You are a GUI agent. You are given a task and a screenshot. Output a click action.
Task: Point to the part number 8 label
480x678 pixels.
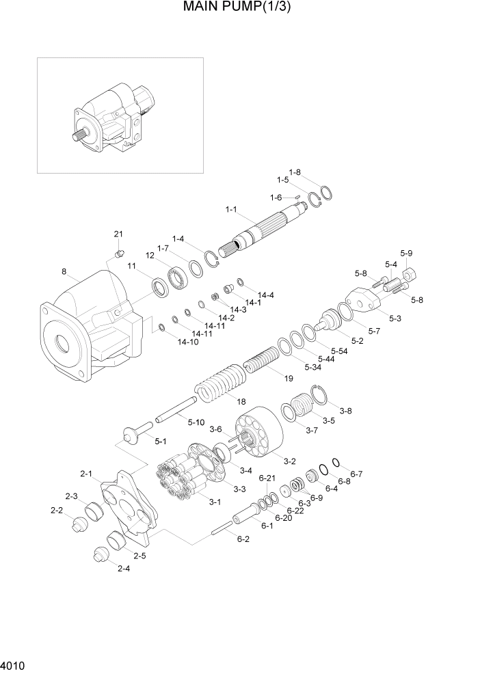click(x=64, y=272)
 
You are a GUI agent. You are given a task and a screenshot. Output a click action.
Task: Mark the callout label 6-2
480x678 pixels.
click(x=243, y=539)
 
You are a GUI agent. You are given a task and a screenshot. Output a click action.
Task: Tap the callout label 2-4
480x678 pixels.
click(x=124, y=569)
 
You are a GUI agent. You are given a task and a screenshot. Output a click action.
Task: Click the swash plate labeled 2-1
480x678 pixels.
click(x=130, y=503)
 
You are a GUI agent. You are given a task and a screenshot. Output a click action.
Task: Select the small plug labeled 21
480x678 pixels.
click(x=118, y=256)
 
